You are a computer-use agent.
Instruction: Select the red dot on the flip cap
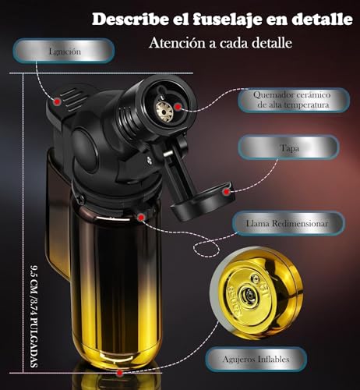227,190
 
